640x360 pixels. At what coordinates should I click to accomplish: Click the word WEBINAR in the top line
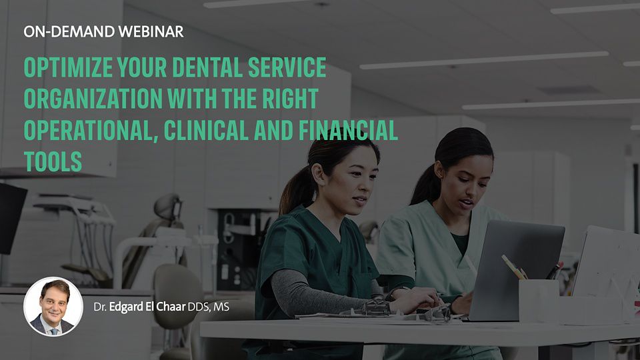[x=151, y=31]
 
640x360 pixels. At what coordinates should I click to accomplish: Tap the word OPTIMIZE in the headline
[x=68, y=67]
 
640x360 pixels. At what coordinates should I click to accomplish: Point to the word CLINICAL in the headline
[x=206, y=130]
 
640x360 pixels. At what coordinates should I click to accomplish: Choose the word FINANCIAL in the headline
[x=348, y=130]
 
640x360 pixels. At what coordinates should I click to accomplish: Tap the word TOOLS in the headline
[x=53, y=161]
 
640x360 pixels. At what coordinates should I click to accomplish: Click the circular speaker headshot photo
[x=53, y=307]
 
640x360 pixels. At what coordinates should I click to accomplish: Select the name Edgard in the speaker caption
[x=126, y=307]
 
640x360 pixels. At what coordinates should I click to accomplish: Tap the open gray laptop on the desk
[x=516, y=269]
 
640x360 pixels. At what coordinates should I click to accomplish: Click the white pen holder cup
[x=539, y=301]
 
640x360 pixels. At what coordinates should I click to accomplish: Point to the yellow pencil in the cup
[x=513, y=267]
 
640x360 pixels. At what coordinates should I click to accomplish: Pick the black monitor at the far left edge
[x=11, y=219]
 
